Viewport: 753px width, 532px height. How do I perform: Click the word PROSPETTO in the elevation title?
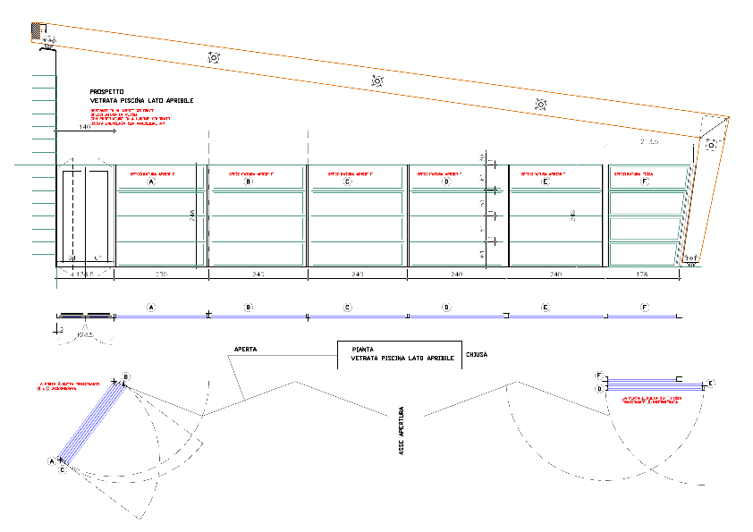coord(106,91)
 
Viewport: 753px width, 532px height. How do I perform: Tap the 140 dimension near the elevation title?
coord(84,128)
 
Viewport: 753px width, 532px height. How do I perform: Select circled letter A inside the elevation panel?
coord(151,182)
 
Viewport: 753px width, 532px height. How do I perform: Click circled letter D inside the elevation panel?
coord(445,182)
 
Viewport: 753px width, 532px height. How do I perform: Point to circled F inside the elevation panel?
coord(644,182)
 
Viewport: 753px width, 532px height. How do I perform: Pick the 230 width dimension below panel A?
coord(162,274)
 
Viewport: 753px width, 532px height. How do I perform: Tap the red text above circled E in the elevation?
coord(542,173)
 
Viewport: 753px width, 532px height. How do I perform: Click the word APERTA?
coord(246,350)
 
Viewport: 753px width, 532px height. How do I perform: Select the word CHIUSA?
coord(476,354)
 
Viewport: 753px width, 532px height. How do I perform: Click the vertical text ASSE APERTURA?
coord(402,433)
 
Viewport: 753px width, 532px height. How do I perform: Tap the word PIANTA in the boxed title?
coord(362,350)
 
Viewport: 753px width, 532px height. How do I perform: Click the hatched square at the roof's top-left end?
coord(38,30)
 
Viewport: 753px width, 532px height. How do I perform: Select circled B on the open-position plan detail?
coord(126,376)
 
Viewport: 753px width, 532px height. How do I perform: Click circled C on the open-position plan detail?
coord(62,469)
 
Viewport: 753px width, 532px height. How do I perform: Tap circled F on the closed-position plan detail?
coord(599,376)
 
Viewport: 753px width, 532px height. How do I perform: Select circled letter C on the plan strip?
coord(346,308)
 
